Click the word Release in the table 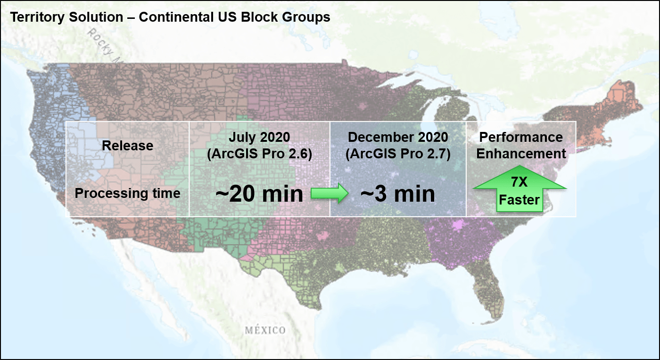click(127, 146)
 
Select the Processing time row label click(127, 193)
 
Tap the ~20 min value click(259, 194)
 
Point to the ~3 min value click(397, 194)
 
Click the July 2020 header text click(259, 138)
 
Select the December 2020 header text click(397, 137)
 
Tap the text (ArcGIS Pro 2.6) click(259, 154)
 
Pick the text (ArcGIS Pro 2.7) click(397, 154)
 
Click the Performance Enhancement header click(521, 145)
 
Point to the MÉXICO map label click(265, 330)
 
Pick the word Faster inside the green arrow click(520, 200)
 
